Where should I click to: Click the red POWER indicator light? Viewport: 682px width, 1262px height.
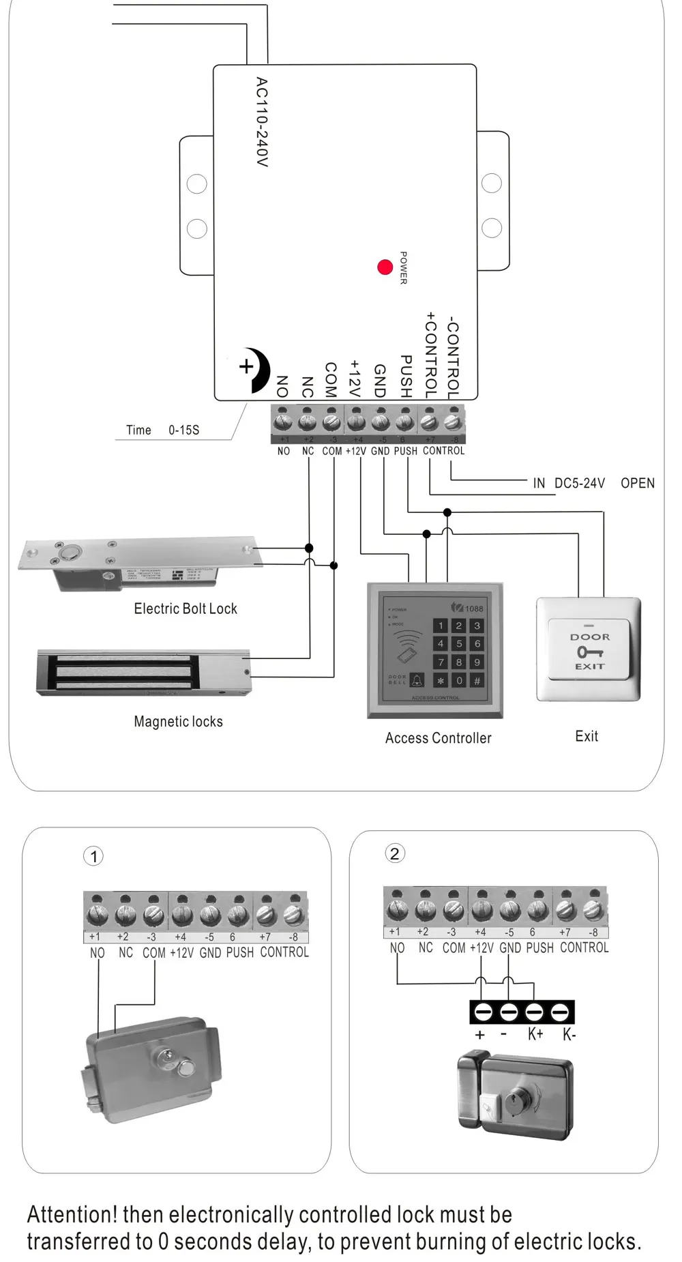click(x=385, y=267)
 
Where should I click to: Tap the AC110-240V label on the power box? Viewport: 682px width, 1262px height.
click(x=262, y=122)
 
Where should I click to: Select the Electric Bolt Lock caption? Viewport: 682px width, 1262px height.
click(x=186, y=608)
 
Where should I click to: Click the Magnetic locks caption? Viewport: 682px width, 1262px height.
click(x=178, y=722)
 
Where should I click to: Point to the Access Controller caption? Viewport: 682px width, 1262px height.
click(x=438, y=738)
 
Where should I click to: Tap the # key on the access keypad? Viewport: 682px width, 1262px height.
click(x=477, y=681)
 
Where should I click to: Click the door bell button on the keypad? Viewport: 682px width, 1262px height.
click(x=417, y=680)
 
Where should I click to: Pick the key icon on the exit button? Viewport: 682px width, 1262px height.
click(x=590, y=652)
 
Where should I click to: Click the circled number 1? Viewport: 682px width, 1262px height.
click(x=93, y=856)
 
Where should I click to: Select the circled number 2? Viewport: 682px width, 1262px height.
click(x=394, y=853)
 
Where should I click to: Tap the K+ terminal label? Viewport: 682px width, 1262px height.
click(x=535, y=1035)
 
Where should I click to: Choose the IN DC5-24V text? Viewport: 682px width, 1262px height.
click(x=569, y=484)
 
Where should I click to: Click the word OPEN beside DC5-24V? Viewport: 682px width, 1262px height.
click(x=637, y=484)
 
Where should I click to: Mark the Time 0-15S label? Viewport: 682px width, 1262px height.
click(x=162, y=430)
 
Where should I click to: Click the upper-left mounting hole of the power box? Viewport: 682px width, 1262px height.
click(x=197, y=184)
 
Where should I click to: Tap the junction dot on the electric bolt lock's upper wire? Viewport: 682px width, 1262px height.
click(x=309, y=548)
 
